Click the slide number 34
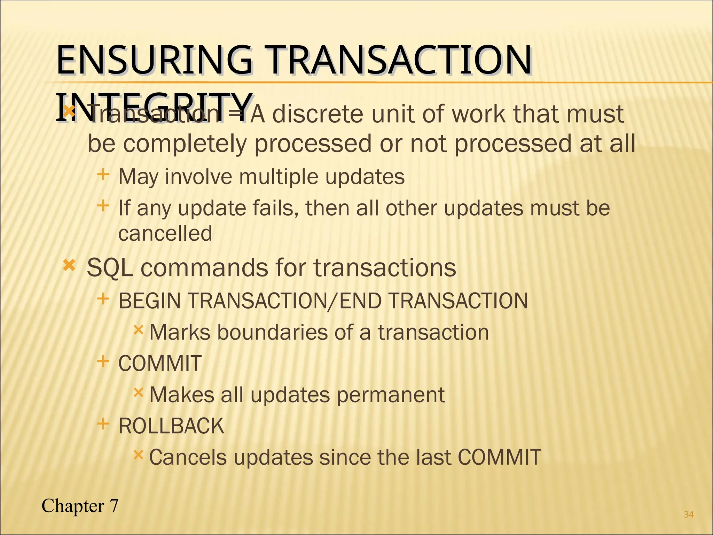click(x=689, y=514)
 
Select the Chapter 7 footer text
click(x=80, y=506)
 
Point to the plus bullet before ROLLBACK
click(x=103, y=424)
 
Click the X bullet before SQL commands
click(x=69, y=266)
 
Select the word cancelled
click(x=165, y=233)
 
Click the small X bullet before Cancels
click(x=138, y=455)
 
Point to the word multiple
click(x=279, y=177)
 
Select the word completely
click(x=185, y=144)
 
